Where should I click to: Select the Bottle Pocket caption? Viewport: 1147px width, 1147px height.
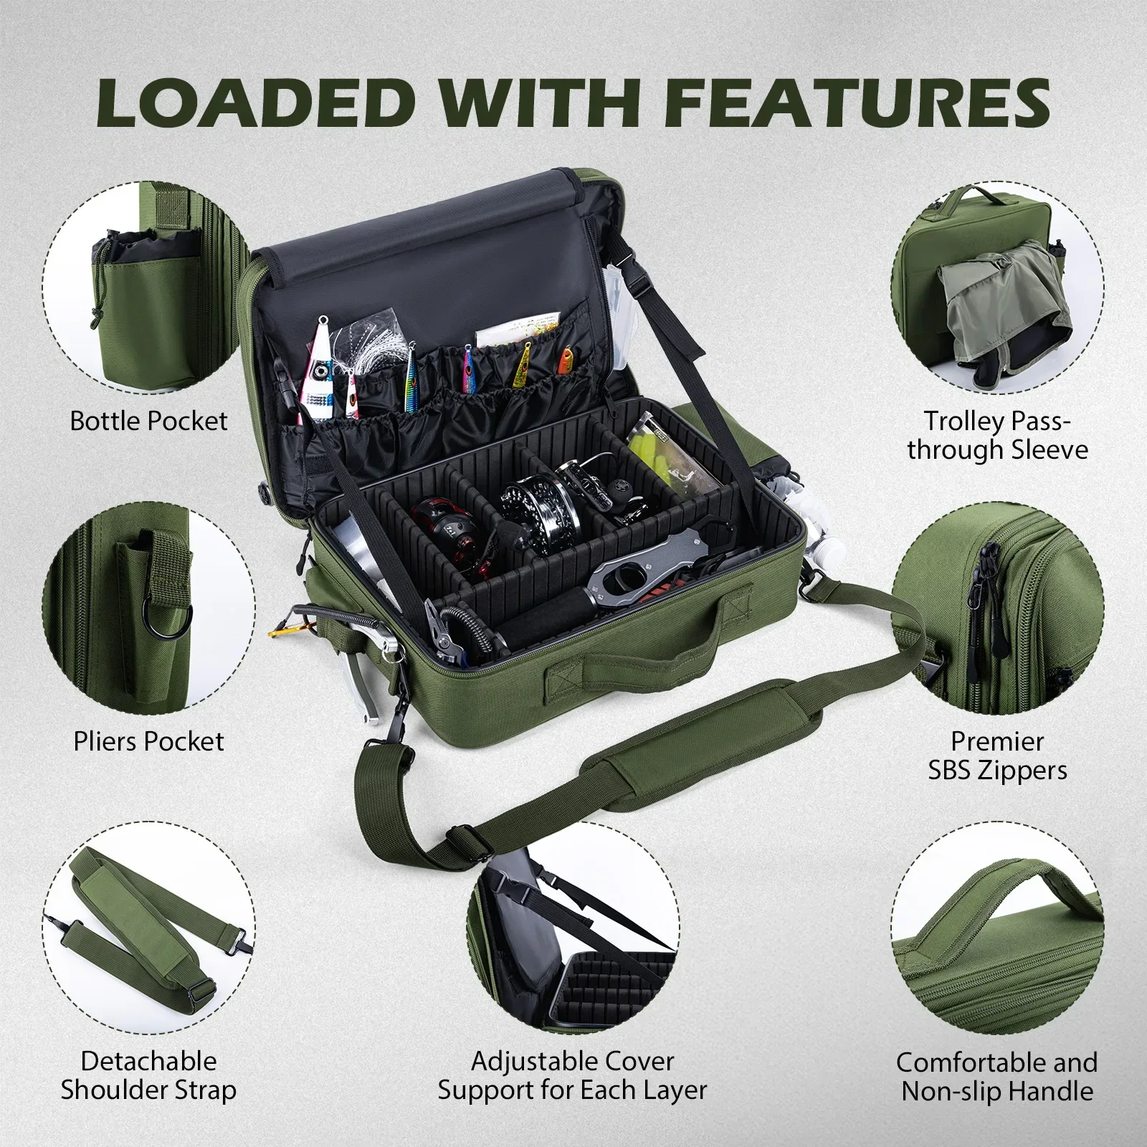(x=148, y=421)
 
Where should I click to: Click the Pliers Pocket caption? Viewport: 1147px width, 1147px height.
(x=148, y=741)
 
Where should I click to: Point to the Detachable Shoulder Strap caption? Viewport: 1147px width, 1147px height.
(x=148, y=1075)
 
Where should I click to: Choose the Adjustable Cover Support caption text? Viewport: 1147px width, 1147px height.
(x=573, y=1075)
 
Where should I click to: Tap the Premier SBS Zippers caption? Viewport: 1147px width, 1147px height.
(x=997, y=756)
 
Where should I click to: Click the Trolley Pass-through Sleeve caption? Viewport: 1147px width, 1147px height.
(x=997, y=435)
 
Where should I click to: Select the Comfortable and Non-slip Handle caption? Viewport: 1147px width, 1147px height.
(x=997, y=1076)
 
